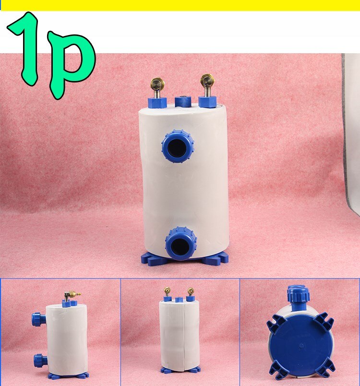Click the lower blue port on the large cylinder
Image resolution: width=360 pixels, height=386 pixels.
tap(180, 244)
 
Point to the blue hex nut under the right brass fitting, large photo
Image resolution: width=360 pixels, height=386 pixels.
tap(207, 101)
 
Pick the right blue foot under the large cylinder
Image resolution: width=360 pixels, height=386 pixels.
tap(215, 259)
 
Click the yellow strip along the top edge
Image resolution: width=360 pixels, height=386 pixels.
tap(180, 5)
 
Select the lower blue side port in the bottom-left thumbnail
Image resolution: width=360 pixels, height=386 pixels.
tap(39, 360)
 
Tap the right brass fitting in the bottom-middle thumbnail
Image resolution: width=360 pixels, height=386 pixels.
tap(191, 291)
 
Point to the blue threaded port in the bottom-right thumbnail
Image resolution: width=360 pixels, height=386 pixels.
tap(298, 297)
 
